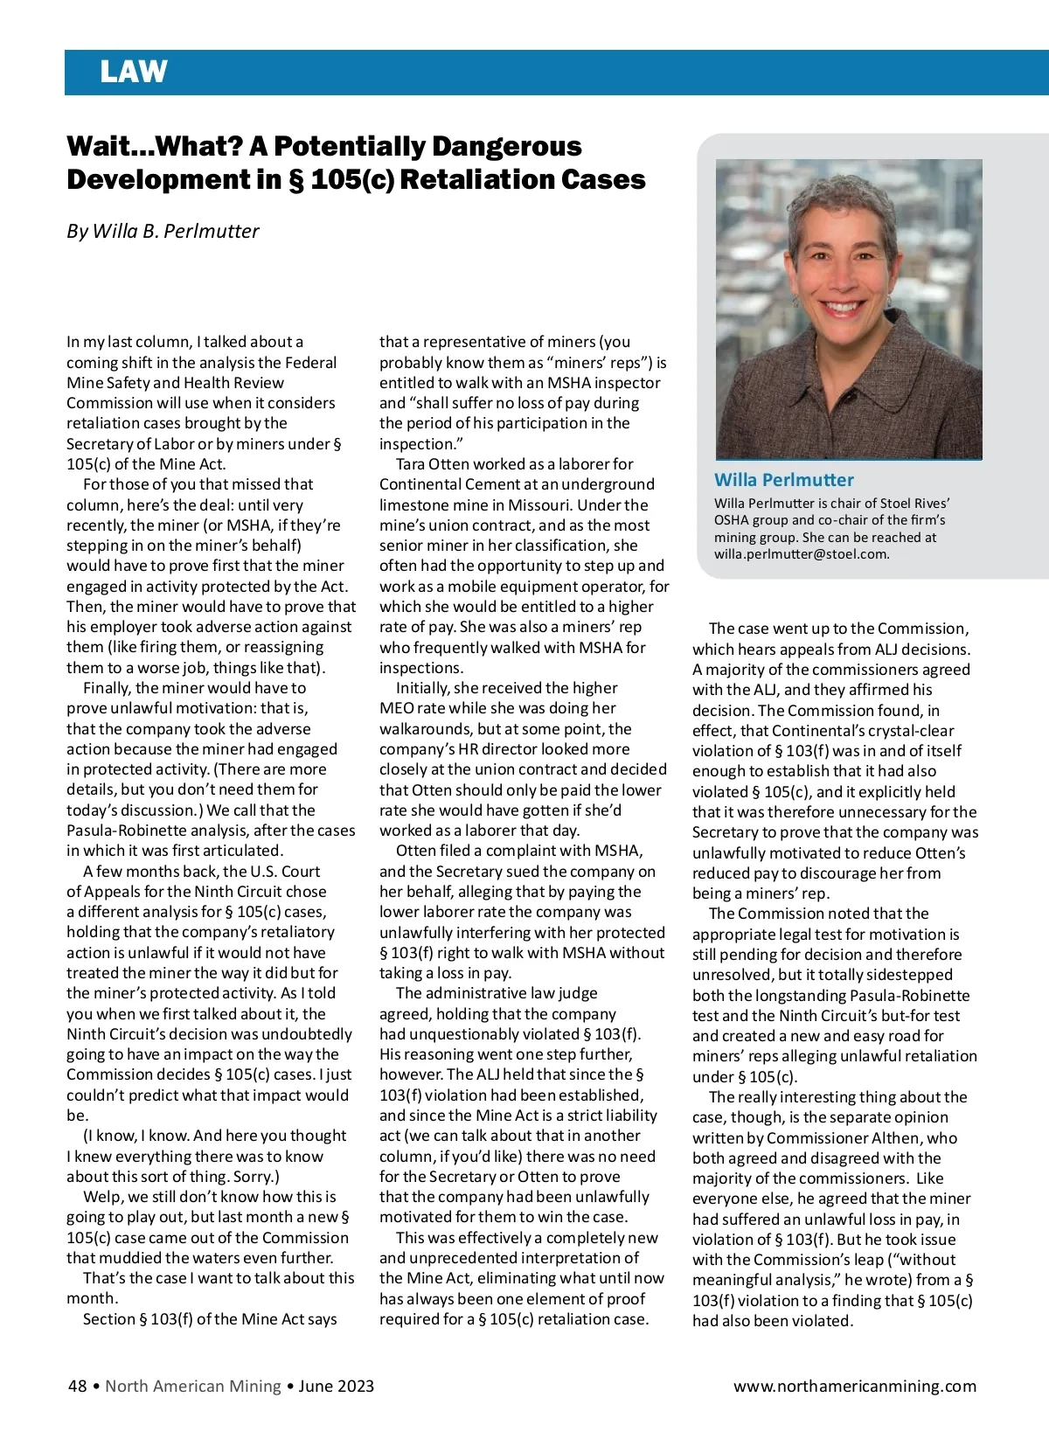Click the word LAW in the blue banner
(x=133, y=72)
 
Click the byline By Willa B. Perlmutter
(x=163, y=231)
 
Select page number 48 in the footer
(x=77, y=1386)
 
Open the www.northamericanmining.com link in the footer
(x=854, y=1386)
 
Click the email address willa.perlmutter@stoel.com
(x=800, y=553)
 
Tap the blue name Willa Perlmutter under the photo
(x=783, y=479)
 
